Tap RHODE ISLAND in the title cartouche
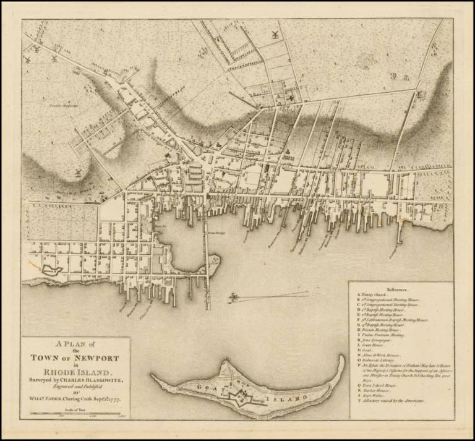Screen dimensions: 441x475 pos(75,372)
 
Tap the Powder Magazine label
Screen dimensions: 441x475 pos(60,106)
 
